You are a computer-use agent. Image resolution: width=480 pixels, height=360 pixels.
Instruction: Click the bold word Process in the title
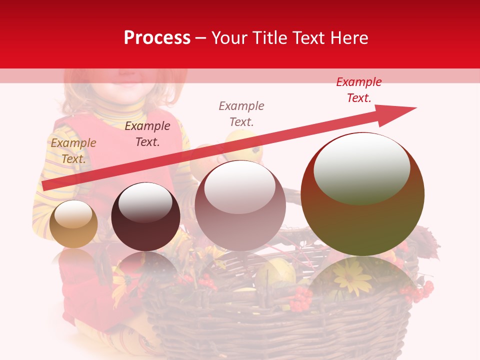tap(157, 38)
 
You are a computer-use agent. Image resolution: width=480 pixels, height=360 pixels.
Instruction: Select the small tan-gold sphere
tap(73, 224)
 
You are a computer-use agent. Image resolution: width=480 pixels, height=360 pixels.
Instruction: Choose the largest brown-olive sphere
tap(362, 195)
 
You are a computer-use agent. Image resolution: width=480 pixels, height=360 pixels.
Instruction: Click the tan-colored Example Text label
tap(73, 151)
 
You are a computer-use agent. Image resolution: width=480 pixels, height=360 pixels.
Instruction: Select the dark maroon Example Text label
tap(147, 134)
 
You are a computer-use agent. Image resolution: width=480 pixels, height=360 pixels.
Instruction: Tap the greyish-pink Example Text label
tap(241, 113)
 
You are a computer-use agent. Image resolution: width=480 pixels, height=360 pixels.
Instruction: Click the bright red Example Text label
tap(359, 90)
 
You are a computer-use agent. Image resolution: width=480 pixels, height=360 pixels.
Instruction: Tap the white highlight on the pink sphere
tap(239, 187)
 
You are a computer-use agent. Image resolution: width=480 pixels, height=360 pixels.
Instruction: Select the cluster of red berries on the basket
tap(301, 300)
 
